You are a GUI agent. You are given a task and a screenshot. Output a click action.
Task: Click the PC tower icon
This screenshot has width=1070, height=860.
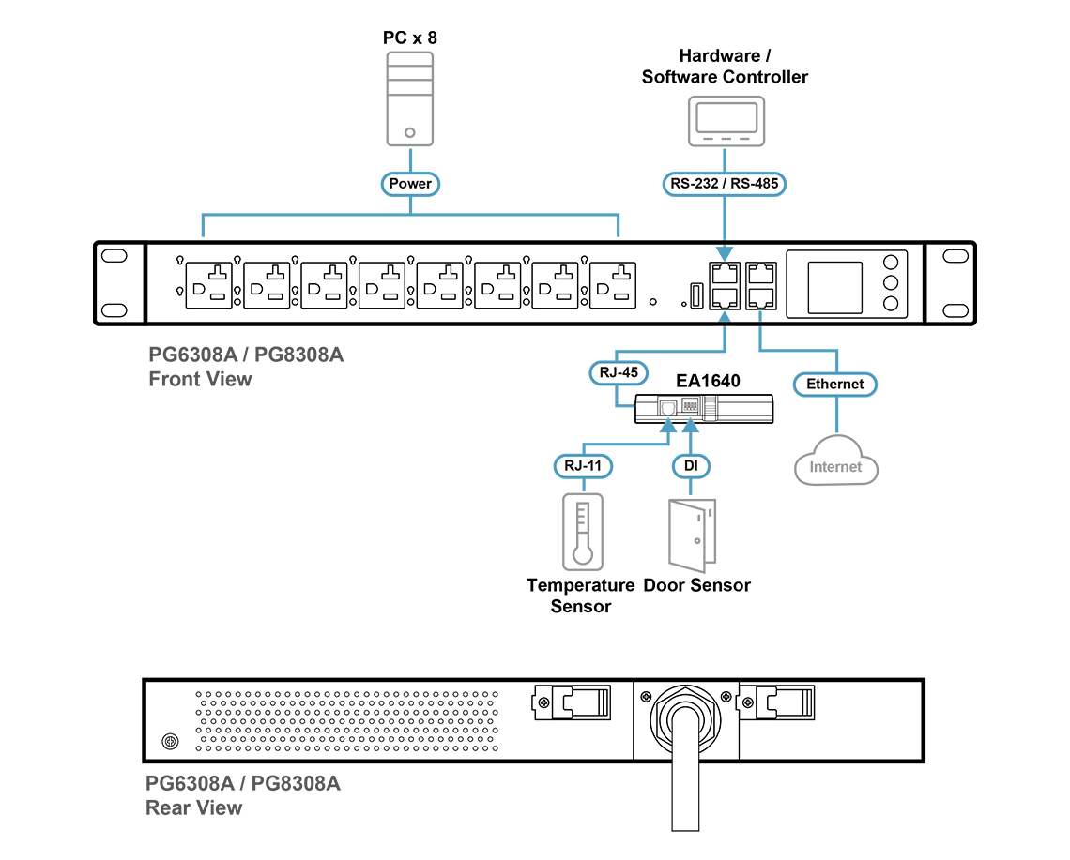(x=409, y=98)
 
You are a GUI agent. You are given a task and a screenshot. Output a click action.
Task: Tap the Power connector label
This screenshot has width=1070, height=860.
(x=410, y=184)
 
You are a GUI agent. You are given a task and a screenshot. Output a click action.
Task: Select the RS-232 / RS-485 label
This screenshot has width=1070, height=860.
(x=724, y=184)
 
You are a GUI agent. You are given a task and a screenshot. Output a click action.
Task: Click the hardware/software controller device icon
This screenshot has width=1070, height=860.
(x=726, y=121)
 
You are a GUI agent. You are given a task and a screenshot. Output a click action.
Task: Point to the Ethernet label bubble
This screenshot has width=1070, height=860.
(x=835, y=384)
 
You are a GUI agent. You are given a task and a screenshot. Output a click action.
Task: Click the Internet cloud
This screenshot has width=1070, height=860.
(x=836, y=460)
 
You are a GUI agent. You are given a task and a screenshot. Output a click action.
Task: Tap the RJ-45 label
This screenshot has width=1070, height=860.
(x=619, y=372)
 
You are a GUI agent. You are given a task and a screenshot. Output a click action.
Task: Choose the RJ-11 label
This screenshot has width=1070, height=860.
(x=584, y=466)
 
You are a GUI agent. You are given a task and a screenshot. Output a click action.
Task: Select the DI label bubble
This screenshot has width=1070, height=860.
(x=691, y=466)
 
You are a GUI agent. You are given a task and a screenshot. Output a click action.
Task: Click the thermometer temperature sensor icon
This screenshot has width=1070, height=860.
(x=583, y=532)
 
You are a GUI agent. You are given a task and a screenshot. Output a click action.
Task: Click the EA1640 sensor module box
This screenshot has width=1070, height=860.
(x=704, y=409)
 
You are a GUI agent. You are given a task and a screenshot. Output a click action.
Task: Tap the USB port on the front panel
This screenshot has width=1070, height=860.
(x=696, y=295)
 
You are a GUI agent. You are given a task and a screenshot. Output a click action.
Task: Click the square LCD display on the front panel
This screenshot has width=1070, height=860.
(x=834, y=287)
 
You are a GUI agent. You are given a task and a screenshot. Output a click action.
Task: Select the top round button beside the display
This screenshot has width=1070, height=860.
(x=891, y=262)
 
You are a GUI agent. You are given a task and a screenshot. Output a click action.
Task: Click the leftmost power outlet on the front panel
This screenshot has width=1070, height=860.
(x=208, y=285)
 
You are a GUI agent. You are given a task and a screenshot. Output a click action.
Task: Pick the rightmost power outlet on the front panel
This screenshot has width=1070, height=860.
(x=613, y=285)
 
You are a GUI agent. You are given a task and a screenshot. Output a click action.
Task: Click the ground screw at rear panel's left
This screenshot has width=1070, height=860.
(x=171, y=741)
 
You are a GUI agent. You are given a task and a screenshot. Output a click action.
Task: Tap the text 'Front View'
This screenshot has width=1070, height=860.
(x=200, y=379)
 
